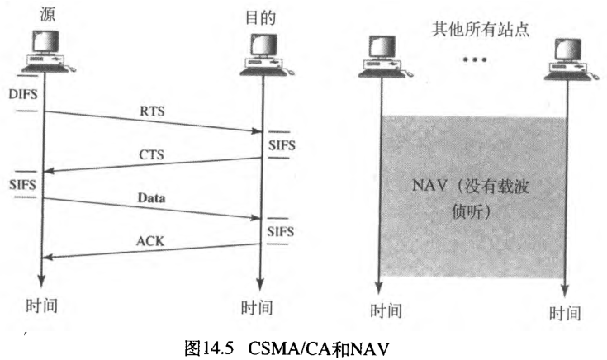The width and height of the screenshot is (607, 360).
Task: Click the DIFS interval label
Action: click(22, 97)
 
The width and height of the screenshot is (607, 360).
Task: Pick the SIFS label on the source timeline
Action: click(22, 182)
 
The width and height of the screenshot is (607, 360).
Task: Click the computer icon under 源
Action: click(41, 50)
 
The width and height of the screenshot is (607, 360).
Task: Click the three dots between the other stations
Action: click(474, 60)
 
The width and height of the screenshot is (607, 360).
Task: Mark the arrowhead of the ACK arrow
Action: click(45, 258)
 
